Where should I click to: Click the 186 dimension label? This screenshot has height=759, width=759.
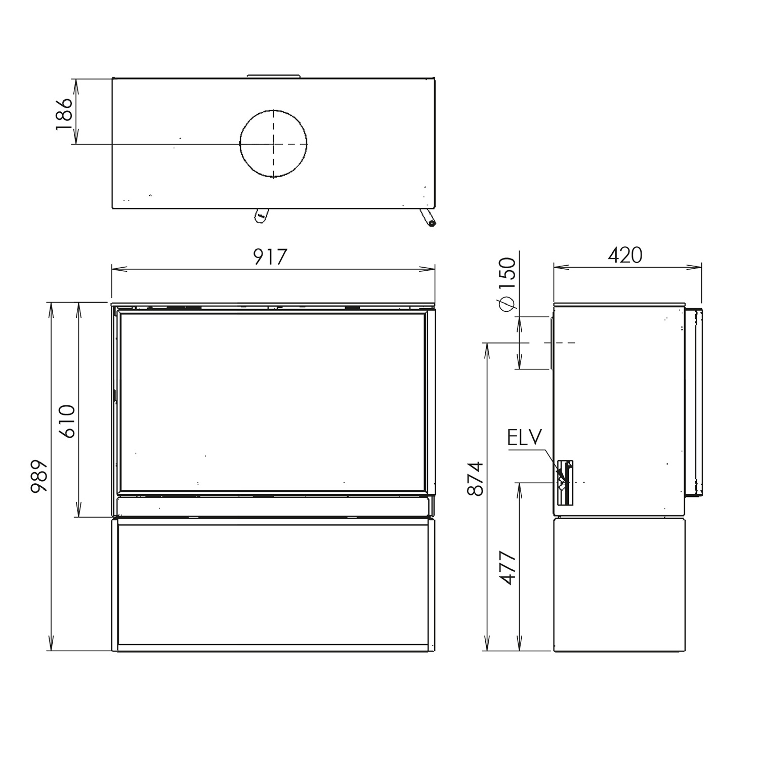(x=64, y=114)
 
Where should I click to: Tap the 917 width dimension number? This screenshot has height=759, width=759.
(x=270, y=257)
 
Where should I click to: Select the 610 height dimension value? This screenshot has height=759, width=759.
(x=67, y=421)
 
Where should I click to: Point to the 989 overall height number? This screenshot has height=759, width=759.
(x=39, y=476)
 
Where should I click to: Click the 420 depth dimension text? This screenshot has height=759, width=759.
(x=625, y=256)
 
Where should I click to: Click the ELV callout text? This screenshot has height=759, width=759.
(x=525, y=438)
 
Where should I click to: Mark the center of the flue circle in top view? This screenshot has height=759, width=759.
(x=273, y=144)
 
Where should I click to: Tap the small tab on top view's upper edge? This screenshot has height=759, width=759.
(x=274, y=76)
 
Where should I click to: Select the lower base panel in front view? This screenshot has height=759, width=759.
(x=273, y=584)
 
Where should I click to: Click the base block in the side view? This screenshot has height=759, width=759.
(x=620, y=584)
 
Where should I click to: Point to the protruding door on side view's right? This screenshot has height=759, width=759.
(x=694, y=402)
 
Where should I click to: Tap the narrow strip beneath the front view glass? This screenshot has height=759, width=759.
(x=273, y=505)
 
